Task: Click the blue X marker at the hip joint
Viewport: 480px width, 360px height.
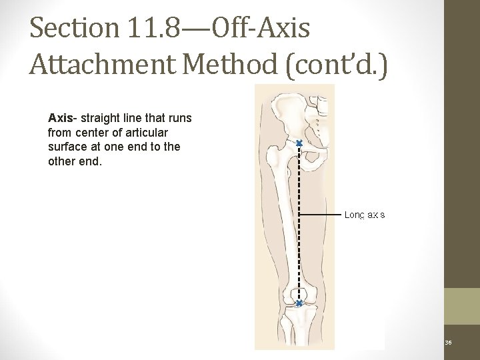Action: (x=299, y=144)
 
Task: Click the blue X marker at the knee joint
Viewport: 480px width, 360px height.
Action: (x=299, y=303)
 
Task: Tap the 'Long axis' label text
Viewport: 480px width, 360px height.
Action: (x=364, y=215)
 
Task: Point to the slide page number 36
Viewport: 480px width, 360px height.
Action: (x=448, y=343)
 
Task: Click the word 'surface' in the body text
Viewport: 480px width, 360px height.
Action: (x=67, y=147)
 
